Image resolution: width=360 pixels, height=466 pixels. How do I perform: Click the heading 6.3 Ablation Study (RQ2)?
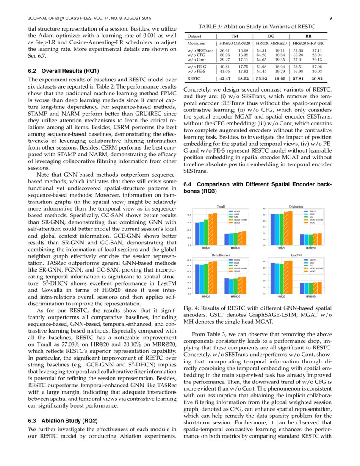pos(63,421)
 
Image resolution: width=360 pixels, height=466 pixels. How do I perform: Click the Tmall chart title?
pos(221,206)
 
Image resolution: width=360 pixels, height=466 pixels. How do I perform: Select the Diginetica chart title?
pos(296,206)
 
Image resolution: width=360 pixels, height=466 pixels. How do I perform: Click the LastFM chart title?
pos(296,255)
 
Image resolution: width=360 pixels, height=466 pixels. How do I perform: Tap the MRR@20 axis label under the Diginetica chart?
pos(310,248)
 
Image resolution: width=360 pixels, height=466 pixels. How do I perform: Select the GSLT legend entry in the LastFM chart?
pos(312,263)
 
